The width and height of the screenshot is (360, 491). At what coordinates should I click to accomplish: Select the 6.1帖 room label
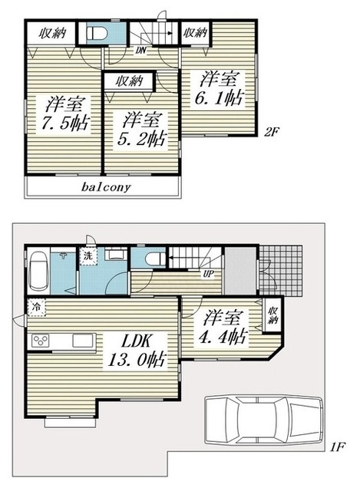pos(220,89)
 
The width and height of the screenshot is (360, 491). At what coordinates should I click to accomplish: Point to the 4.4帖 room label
pos(222,327)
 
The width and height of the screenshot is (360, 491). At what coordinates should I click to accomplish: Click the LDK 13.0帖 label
pos(137,350)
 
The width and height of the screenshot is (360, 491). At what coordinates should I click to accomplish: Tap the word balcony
pos(106,187)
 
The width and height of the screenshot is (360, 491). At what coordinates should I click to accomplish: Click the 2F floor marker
pos(271,132)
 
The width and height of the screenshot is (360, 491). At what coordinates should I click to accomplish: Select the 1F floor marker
pos(337,447)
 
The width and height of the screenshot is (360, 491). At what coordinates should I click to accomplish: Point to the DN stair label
pos(141,50)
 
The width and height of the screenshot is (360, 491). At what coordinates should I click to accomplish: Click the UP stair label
pos(208,275)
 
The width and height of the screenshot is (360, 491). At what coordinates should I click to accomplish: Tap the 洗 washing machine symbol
pos(88,256)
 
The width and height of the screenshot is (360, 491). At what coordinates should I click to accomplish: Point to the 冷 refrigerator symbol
pos(37,307)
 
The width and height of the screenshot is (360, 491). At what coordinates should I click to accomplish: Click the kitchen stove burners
pos(41,341)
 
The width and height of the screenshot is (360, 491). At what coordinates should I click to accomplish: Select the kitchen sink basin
pos(83,341)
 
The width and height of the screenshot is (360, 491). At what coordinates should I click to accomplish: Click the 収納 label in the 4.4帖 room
pos(273,315)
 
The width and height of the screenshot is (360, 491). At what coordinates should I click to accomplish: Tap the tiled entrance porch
pos(281,271)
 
